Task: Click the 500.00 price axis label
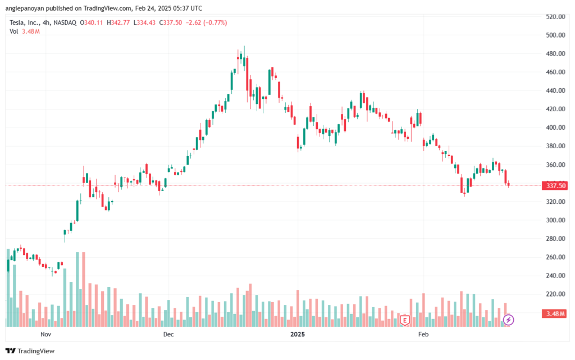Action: [x=555, y=35]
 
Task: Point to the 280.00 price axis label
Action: [x=555, y=239]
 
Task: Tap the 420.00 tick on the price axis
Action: [x=555, y=109]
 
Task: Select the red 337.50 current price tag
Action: [x=553, y=186]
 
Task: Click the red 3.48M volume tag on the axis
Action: [x=553, y=313]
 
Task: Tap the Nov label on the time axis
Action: [x=46, y=334]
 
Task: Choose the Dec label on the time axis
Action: [x=168, y=334]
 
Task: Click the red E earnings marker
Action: [x=404, y=320]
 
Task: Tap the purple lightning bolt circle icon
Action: [x=508, y=320]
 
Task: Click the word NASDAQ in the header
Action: [x=66, y=22]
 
